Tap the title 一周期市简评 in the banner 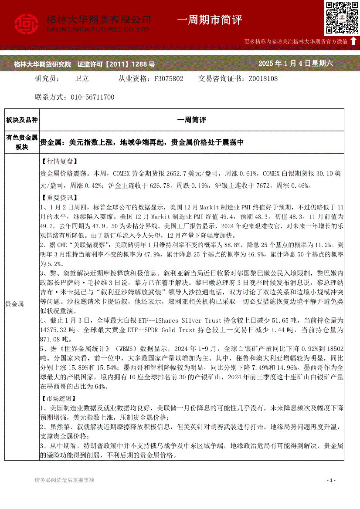coord(210,20)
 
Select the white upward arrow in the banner coord(353,41)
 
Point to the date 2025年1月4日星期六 coord(295,64)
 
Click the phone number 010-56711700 coord(92,97)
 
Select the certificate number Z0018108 coord(263,79)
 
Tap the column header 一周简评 coord(192,120)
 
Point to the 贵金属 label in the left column coord(14,303)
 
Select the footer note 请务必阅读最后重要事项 coord(65,480)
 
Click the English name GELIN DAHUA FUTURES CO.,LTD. coord(98,29)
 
